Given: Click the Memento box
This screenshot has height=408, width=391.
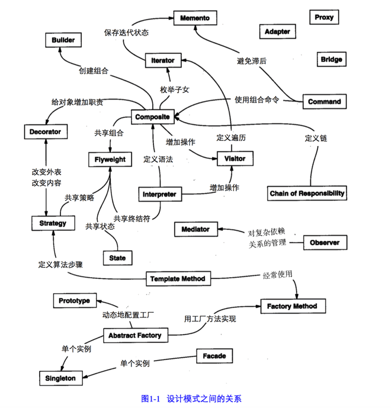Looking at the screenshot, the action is pyautogui.click(x=195, y=18).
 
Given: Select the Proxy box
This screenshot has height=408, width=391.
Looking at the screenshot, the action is pyautogui.click(x=324, y=17).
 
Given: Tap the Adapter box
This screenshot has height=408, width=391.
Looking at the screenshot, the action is pyautogui.click(x=277, y=31).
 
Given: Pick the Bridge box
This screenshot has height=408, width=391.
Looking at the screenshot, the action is pyautogui.click(x=332, y=59).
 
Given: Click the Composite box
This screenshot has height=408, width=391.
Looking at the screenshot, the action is pyautogui.click(x=152, y=117).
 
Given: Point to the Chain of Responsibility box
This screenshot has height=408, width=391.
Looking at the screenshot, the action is pyautogui.click(x=307, y=193).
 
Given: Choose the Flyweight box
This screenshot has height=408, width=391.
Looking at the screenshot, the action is pyautogui.click(x=110, y=159).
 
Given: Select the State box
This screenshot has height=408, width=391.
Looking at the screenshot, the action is pyautogui.click(x=118, y=258).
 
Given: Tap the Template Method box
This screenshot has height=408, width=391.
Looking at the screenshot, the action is pyautogui.click(x=178, y=279).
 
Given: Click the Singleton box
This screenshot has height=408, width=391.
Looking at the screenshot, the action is pyautogui.click(x=61, y=378).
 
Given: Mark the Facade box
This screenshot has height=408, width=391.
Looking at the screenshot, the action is pyautogui.click(x=214, y=356).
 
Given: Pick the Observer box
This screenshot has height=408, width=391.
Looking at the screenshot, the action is pyautogui.click(x=325, y=243).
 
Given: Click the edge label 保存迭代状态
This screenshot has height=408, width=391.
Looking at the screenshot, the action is pyautogui.click(x=126, y=33).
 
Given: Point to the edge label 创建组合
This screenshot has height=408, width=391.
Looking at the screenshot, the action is pyautogui.click(x=94, y=70).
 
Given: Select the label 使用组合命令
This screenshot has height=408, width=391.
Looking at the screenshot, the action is pyautogui.click(x=257, y=99).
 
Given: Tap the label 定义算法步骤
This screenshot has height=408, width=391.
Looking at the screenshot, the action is pyautogui.click(x=60, y=265).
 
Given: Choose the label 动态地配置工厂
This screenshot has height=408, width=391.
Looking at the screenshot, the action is pyautogui.click(x=128, y=315).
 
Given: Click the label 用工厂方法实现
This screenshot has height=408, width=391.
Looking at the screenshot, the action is pyautogui.click(x=210, y=319).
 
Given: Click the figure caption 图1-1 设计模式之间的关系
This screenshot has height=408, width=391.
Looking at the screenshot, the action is pyautogui.click(x=191, y=399).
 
